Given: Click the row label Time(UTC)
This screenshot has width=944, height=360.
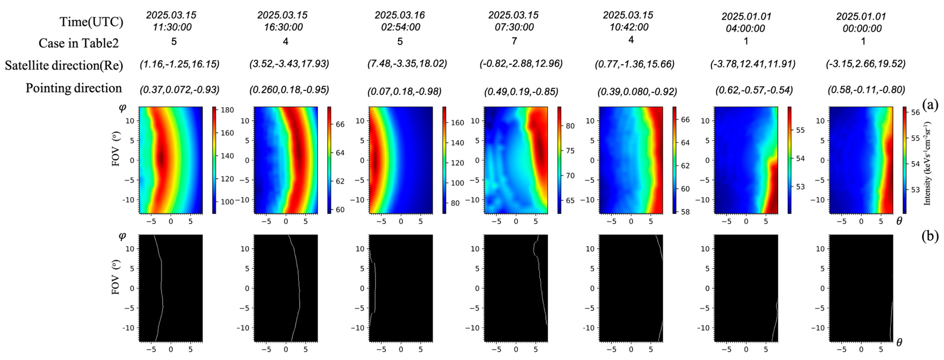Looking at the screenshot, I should pos(91,22).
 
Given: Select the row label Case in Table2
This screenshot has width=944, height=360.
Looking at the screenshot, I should pos(79,43).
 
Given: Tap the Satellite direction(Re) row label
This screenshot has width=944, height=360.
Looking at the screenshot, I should pos(64,66).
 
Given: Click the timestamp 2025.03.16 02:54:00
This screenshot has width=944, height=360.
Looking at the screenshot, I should pos(400,21).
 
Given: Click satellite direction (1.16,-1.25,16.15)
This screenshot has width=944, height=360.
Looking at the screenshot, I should pos(179,64).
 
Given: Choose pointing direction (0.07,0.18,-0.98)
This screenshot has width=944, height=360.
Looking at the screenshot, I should pos(404,91).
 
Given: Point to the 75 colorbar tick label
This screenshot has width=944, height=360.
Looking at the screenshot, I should pos(570,151).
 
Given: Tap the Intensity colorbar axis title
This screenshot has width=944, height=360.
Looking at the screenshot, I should pos(927,163).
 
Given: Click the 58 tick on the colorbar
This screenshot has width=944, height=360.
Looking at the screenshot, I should pos(685,212).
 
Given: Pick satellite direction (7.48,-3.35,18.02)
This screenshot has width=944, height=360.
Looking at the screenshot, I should pos(407,64).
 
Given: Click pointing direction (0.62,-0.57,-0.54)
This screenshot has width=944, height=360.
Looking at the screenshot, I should pos(754,90).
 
